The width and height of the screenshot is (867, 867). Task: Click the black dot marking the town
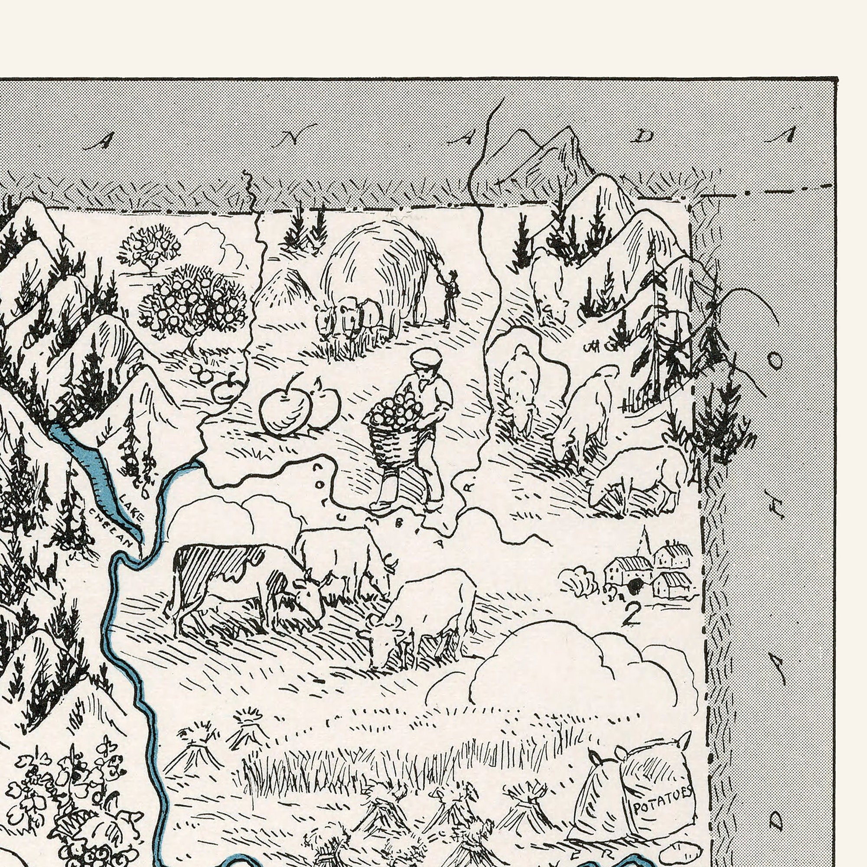[635, 584]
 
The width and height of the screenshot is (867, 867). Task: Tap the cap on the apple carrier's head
[426, 358]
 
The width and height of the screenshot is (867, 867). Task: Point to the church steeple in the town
[645, 541]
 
